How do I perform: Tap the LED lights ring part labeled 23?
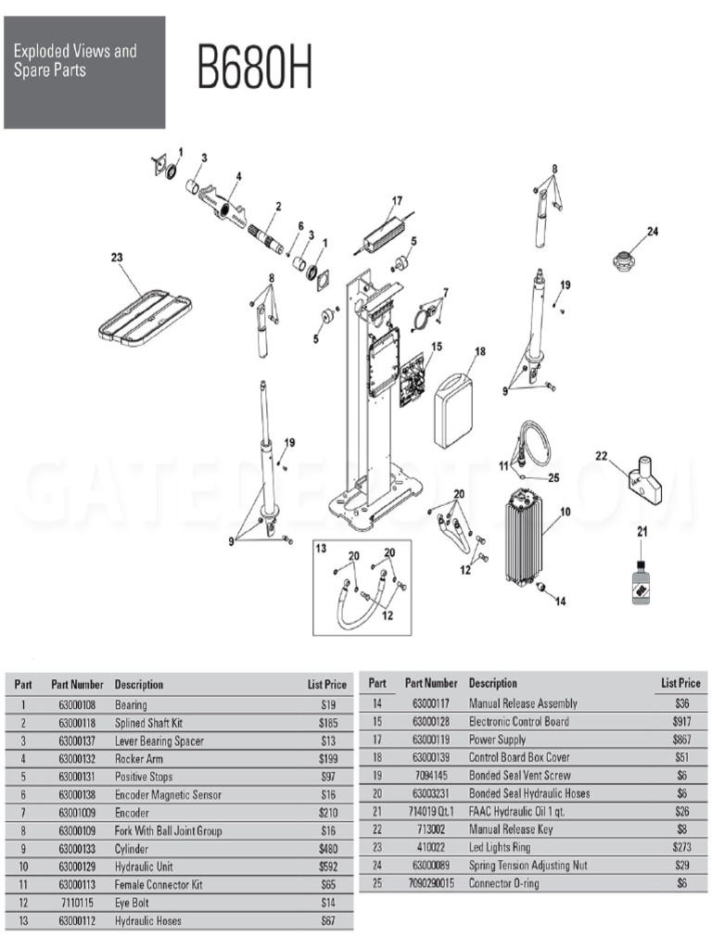(x=145, y=315)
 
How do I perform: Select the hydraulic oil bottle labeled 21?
(x=640, y=584)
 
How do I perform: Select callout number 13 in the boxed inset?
(x=322, y=550)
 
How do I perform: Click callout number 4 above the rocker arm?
(x=238, y=175)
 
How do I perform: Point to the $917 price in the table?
(x=681, y=721)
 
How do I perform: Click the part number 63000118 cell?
(x=77, y=723)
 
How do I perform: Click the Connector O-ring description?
(x=504, y=883)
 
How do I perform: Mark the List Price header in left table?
(x=326, y=685)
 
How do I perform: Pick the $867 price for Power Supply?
(x=681, y=740)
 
